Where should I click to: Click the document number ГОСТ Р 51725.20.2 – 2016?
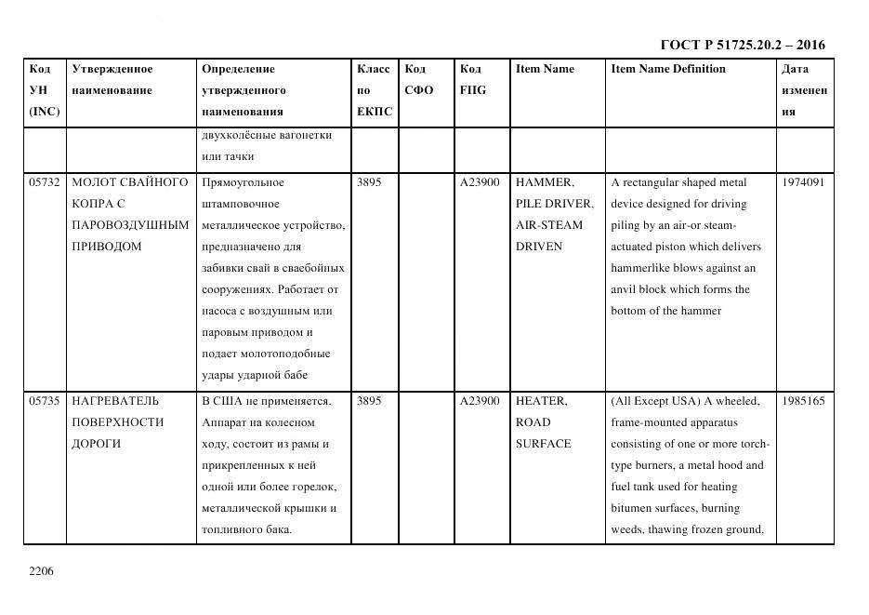coord(742,45)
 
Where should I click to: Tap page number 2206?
coord(42,570)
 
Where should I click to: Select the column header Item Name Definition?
coord(667,69)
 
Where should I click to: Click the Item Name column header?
coord(545,69)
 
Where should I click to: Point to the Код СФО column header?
coord(418,80)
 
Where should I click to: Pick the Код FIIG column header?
coord(472,80)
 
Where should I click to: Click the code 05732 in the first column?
coord(44,182)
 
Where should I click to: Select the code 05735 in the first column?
coord(44,401)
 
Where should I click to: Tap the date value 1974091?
coord(803,182)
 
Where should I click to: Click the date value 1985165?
coord(803,401)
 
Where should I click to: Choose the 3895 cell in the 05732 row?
coord(369,182)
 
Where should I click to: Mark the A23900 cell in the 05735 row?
coord(480,401)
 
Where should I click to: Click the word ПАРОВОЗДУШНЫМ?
coord(130,225)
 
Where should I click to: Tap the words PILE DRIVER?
coord(554,204)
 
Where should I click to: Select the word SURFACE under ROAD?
coord(544,444)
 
